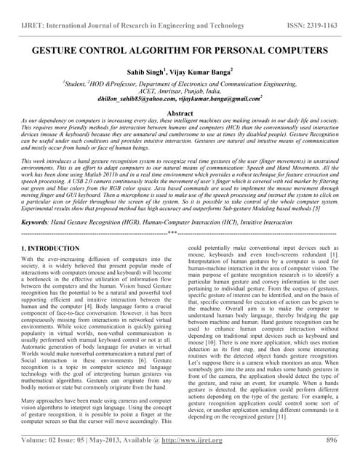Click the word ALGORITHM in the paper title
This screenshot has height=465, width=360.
click(172, 52)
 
